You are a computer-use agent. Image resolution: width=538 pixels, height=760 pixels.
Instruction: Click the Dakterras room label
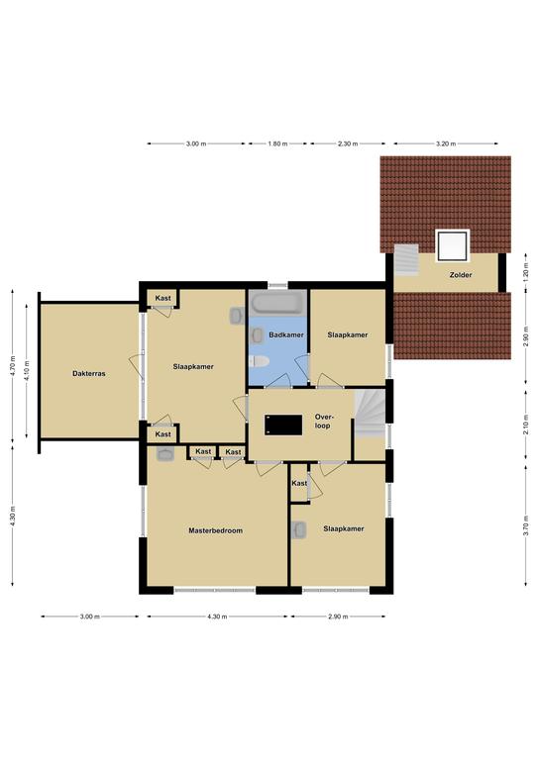tap(89, 374)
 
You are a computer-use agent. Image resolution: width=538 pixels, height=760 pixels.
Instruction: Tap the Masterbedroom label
tap(215, 530)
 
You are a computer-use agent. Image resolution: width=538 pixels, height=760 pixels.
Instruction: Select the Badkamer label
tap(286, 334)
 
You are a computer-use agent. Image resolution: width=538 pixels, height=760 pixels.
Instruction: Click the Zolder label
tap(461, 275)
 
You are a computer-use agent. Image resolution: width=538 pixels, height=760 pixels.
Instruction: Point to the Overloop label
tap(324, 422)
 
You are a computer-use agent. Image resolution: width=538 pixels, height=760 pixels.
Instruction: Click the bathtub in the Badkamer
tap(277, 303)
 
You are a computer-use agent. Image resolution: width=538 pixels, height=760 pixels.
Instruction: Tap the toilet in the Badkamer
tap(259, 361)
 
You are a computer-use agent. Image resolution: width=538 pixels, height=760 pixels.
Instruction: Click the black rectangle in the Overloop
tap(283, 425)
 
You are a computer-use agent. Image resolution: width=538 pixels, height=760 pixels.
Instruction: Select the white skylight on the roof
tap(452, 245)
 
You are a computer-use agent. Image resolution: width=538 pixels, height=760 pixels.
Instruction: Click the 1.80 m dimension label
tap(277, 143)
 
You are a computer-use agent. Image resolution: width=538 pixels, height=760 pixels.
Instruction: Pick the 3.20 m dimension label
tap(446, 143)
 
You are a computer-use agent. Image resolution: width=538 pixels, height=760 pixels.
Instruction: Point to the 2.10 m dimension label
tap(526, 425)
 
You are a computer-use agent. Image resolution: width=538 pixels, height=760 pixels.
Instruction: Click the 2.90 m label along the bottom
tap(338, 617)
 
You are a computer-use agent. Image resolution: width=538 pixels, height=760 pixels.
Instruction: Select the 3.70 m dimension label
tap(526, 525)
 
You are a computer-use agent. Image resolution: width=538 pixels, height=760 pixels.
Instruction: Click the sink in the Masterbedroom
tap(165, 454)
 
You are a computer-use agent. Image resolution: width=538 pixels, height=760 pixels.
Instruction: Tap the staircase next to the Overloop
tap(370, 415)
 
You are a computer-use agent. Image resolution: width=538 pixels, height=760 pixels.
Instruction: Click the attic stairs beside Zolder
tap(405, 260)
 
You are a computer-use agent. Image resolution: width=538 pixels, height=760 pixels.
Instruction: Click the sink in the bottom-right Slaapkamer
tap(299, 530)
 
